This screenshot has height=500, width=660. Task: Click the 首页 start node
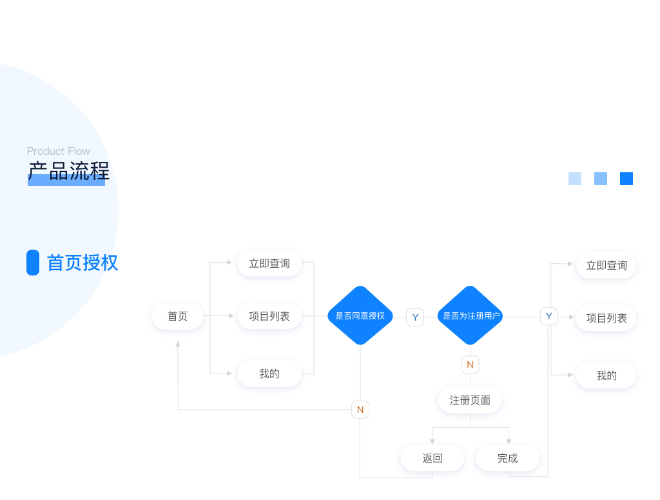pos(177,316)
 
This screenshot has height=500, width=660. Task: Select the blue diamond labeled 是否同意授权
pos(360,315)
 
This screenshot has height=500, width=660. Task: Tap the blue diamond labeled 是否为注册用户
pos(470,315)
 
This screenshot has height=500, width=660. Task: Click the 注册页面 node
pos(470,400)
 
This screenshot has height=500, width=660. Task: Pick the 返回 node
pos(432,458)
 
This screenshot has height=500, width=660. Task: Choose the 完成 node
pos(507,458)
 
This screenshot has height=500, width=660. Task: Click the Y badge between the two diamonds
pos(415,317)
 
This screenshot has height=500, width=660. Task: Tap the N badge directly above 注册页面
pos(470,365)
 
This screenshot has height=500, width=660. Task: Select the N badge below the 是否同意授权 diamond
pos(360,410)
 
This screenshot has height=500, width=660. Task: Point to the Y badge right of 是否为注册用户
pos(548,316)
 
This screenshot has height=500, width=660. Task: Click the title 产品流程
pos(68,172)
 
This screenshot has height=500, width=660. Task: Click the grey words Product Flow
pos(59,151)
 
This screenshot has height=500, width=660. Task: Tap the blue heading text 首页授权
pos(82,263)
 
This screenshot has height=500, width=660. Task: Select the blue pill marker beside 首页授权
pos(33,263)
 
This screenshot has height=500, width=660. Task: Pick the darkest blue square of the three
pos(626,179)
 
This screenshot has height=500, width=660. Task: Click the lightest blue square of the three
pos(575,179)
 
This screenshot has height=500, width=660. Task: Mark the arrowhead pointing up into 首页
pos(178,345)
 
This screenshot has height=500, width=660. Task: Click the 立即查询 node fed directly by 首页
pos(269,263)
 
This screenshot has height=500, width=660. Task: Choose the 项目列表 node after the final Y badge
pos(606,318)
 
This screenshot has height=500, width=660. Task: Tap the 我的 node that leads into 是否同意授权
pos(269,374)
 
